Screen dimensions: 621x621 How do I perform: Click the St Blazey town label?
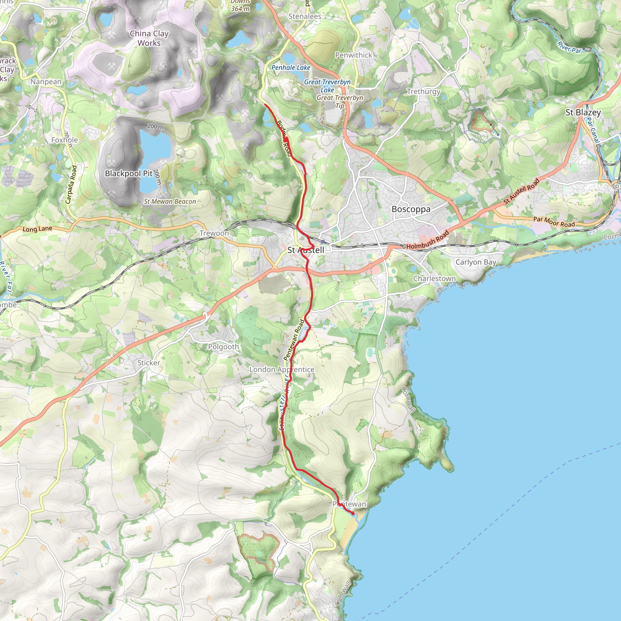click(583, 112)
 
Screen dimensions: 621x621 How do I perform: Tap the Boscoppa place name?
click(411, 209)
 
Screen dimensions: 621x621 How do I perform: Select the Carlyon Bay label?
click(476, 262)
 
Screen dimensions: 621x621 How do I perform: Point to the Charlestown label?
click(434, 279)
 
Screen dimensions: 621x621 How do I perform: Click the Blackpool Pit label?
click(129, 173)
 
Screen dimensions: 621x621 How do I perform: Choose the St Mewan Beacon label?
click(170, 202)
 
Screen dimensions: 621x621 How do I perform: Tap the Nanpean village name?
click(46, 82)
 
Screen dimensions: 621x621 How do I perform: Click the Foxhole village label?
click(65, 140)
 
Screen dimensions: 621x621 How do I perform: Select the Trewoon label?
click(214, 233)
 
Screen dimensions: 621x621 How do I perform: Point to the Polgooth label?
click(223, 347)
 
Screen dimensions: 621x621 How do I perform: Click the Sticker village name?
click(149, 363)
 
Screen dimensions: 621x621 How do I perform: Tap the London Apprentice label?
click(282, 370)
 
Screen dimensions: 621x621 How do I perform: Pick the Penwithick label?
click(354, 55)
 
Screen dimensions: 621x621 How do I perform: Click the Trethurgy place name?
click(423, 92)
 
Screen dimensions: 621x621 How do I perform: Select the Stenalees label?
click(305, 16)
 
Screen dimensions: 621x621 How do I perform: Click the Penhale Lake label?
click(290, 68)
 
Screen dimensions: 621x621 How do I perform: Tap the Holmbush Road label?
click(428, 240)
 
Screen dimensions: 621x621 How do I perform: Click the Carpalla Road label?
click(71, 184)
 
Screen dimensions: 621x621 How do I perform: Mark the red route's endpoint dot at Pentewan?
click(353, 514)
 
